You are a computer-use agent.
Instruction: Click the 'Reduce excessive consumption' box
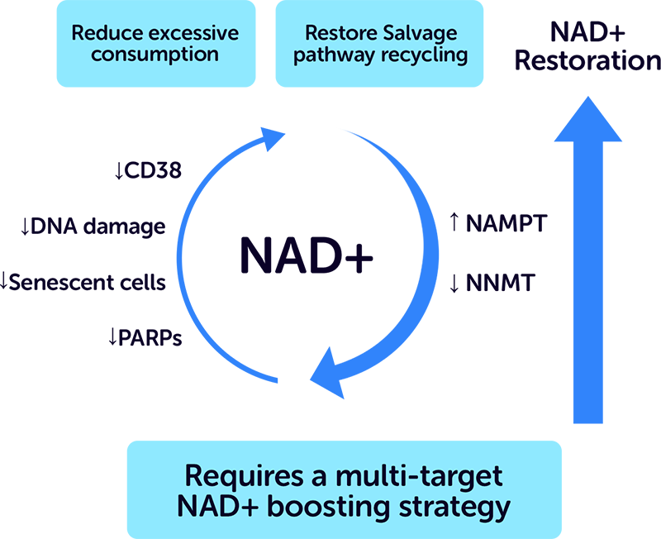coord(155,44)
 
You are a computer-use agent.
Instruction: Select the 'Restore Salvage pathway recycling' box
coord(379,44)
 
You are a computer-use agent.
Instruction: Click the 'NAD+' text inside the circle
coord(307,257)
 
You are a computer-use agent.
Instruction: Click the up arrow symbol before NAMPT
coord(454,222)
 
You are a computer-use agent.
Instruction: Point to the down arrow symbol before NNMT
coord(454,284)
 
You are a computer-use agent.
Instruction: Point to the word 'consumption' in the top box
coord(155,55)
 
